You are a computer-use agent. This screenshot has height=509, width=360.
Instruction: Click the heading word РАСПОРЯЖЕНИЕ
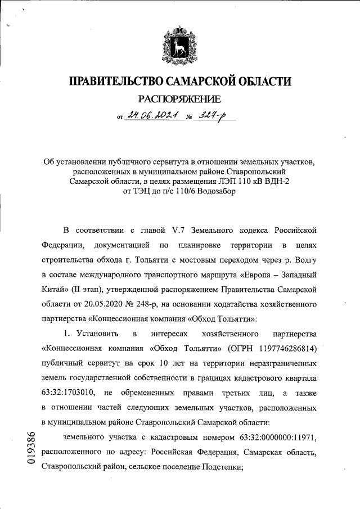(x=180, y=100)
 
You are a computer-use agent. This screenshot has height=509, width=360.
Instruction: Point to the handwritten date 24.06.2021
(x=153, y=116)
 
